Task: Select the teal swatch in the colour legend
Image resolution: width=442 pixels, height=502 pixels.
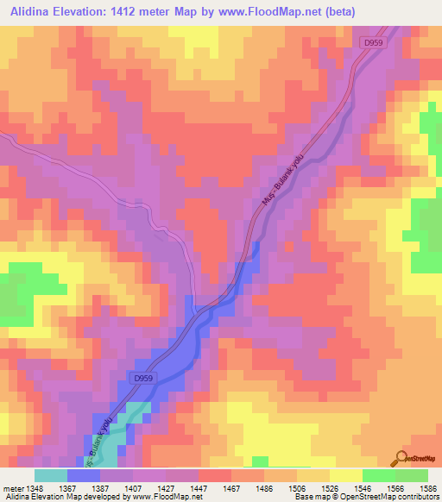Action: pyautogui.click(x=51, y=475)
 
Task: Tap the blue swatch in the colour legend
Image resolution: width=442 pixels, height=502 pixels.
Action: pyautogui.click(x=84, y=475)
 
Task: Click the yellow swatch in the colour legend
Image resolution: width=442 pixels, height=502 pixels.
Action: pyautogui.click(x=345, y=475)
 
